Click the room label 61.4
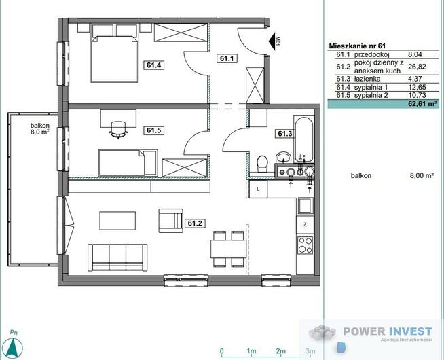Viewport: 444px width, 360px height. click(153, 65)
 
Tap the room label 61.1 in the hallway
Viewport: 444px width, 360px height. click(227, 58)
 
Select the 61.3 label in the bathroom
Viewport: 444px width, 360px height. click(284, 133)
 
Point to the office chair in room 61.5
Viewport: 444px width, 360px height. click(118, 130)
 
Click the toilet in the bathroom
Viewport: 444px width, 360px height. click(263, 164)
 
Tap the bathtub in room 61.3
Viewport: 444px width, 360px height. click(304, 139)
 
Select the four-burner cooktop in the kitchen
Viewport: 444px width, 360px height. click(305, 245)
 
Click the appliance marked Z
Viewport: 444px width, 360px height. click(305, 225)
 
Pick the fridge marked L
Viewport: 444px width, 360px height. click(258, 189)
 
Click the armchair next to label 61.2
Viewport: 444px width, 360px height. click(170, 221)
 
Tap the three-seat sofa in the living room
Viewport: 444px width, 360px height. click(117, 257)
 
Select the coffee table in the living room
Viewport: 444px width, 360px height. click(117, 221)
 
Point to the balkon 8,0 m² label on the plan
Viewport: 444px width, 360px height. click(40, 128)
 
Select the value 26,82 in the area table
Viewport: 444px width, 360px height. click(417, 67)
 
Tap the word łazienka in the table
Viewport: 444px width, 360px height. click(367, 79)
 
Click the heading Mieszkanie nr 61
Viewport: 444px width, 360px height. click(357, 46)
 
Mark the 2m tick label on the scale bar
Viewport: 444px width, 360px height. click(281, 351)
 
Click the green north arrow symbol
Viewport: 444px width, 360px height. click(14, 348)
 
